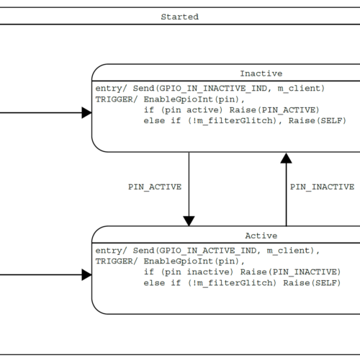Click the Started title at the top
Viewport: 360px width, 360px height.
(180, 17)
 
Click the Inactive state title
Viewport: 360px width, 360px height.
(261, 73)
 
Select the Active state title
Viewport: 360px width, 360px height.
(261, 235)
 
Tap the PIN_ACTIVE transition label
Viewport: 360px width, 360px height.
(155, 187)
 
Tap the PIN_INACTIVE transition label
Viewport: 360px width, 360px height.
(322, 187)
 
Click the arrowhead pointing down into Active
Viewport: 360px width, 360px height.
(189, 221)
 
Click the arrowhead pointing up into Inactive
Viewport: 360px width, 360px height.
(286, 158)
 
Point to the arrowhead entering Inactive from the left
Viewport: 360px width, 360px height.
(86, 112)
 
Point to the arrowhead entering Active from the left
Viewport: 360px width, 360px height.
(86, 275)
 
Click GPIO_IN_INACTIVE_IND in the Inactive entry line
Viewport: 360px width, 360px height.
(213, 89)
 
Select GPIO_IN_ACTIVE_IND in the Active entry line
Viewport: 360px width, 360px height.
(208, 251)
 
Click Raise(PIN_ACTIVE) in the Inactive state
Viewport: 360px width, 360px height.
(274, 110)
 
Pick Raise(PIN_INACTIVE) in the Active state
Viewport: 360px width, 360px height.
(290, 272)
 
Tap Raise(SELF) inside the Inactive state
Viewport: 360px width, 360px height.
(318, 121)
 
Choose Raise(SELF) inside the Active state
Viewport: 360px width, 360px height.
(312, 283)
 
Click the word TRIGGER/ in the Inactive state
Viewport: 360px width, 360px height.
(117, 99)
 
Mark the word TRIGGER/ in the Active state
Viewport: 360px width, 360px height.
(117, 261)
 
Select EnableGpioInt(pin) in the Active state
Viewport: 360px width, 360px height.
(192, 261)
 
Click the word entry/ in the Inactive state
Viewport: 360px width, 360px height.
(112, 89)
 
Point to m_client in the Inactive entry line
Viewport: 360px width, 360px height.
(299, 89)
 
